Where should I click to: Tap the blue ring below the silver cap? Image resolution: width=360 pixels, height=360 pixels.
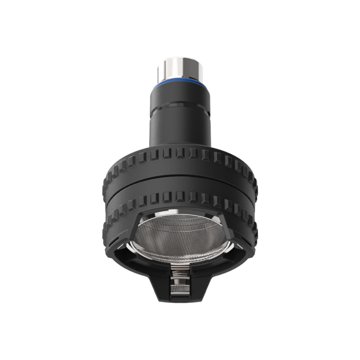pyautogui.click(x=179, y=82)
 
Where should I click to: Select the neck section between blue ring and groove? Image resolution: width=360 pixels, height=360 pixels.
pyautogui.click(x=179, y=96)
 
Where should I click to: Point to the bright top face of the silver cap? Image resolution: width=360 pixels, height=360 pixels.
pyautogui.click(x=179, y=61)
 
